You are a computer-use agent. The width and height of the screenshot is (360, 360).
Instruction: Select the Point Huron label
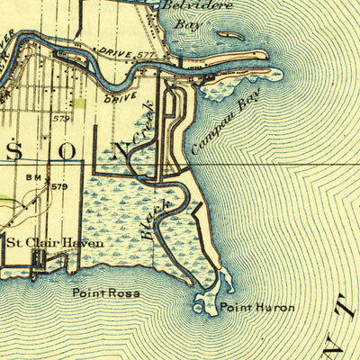coord(257,308)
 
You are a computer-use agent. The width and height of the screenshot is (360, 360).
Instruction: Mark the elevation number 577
coord(148,56)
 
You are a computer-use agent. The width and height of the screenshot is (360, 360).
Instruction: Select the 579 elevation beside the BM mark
coord(59,186)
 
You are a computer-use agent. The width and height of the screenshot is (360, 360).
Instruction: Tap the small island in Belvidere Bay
coord(231,35)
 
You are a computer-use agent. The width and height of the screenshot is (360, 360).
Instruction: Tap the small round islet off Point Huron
coord(198,308)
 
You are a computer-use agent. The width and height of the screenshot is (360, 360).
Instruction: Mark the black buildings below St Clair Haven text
coord(38,258)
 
